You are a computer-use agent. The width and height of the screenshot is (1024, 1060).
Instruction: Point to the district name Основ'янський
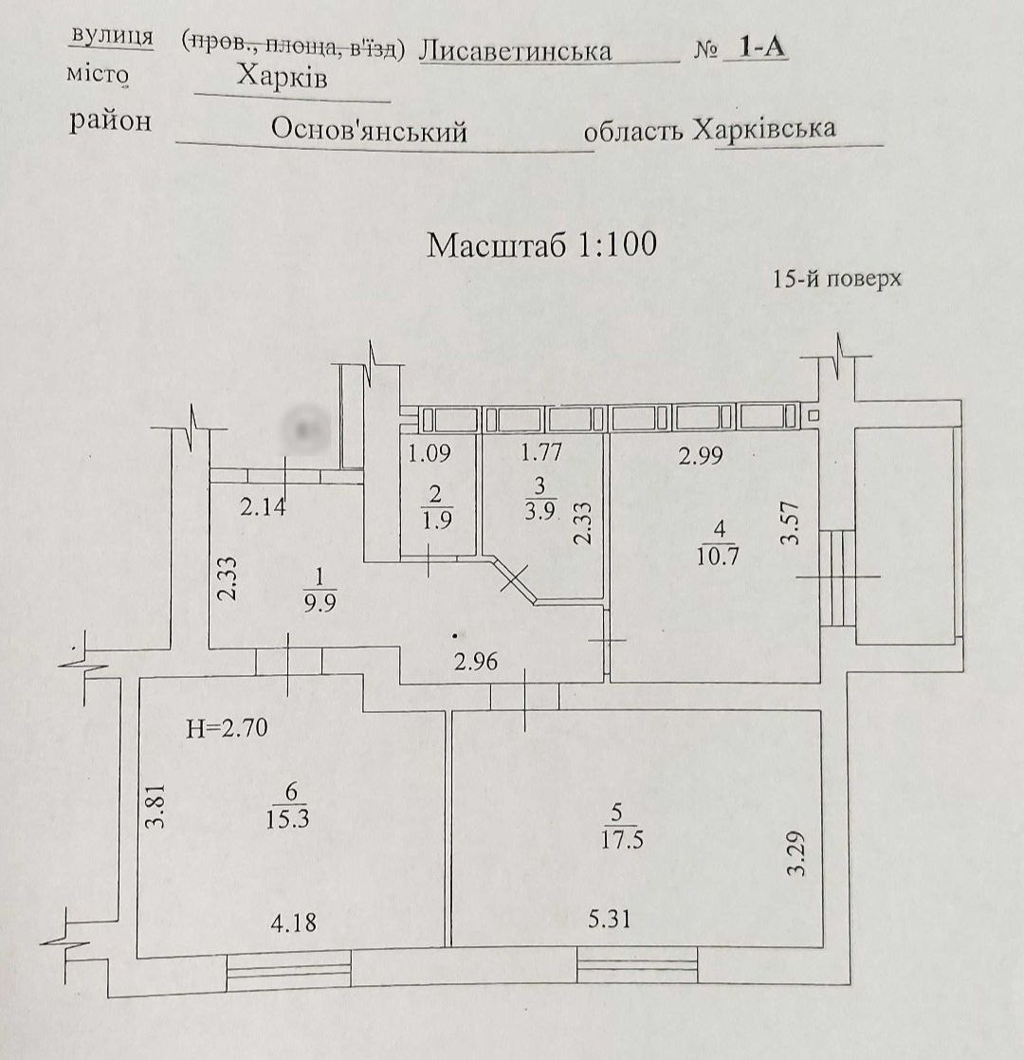[x=369, y=130]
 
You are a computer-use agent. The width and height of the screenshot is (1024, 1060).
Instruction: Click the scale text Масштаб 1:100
[x=541, y=245]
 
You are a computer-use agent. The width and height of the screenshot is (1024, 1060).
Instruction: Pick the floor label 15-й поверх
[x=836, y=280]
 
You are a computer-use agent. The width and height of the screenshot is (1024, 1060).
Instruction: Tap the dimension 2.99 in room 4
[x=701, y=456]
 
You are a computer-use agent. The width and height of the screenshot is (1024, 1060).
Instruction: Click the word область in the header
[x=633, y=133]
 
